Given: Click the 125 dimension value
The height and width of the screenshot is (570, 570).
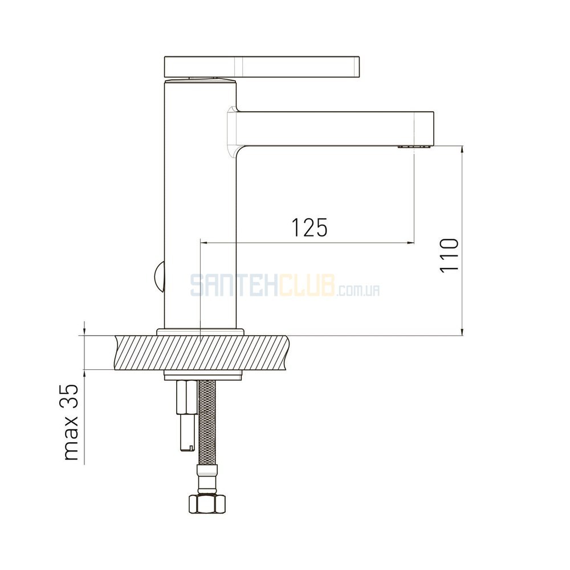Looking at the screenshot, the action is pyautogui.click(x=310, y=227).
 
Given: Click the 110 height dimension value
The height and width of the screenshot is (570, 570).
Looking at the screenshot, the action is pyautogui.click(x=449, y=255).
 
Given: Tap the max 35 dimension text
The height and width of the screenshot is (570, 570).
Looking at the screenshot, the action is pyautogui.click(x=71, y=422).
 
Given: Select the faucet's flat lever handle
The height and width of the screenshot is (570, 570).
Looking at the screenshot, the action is pyautogui.click(x=262, y=67).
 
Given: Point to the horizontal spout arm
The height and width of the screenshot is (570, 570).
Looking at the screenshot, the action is pyautogui.click(x=335, y=129).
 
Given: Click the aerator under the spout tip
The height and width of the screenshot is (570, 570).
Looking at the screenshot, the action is pyautogui.click(x=414, y=147).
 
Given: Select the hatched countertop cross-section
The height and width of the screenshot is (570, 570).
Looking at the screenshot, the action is pyautogui.click(x=202, y=353).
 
